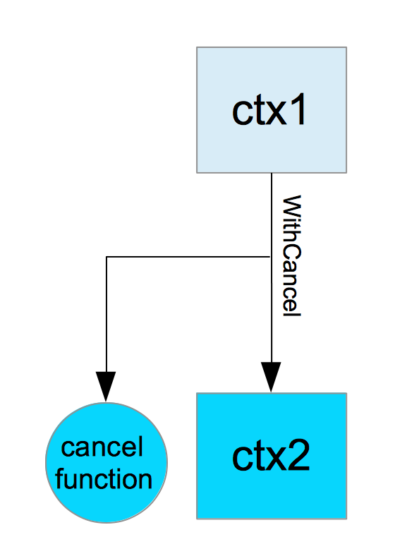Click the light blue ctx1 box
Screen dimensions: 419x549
(272, 110)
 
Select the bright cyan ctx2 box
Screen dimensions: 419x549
(272, 456)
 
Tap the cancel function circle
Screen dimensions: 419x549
(107, 463)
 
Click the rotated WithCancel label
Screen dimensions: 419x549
(291, 255)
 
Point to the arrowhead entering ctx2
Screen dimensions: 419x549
(271, 377)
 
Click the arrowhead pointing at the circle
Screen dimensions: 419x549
(106, 387)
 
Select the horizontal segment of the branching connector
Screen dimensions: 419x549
(188, 257)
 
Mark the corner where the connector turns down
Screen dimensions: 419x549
(107, 257)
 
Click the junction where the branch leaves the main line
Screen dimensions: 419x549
(271, 257)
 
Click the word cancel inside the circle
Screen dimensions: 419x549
(102, 447)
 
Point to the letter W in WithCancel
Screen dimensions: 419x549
(291, 205)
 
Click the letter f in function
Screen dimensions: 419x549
(60, 478)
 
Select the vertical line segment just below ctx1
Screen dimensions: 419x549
(272, 215)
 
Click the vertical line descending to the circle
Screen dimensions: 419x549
(106, 315)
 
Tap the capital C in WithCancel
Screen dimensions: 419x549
(291, 253)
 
